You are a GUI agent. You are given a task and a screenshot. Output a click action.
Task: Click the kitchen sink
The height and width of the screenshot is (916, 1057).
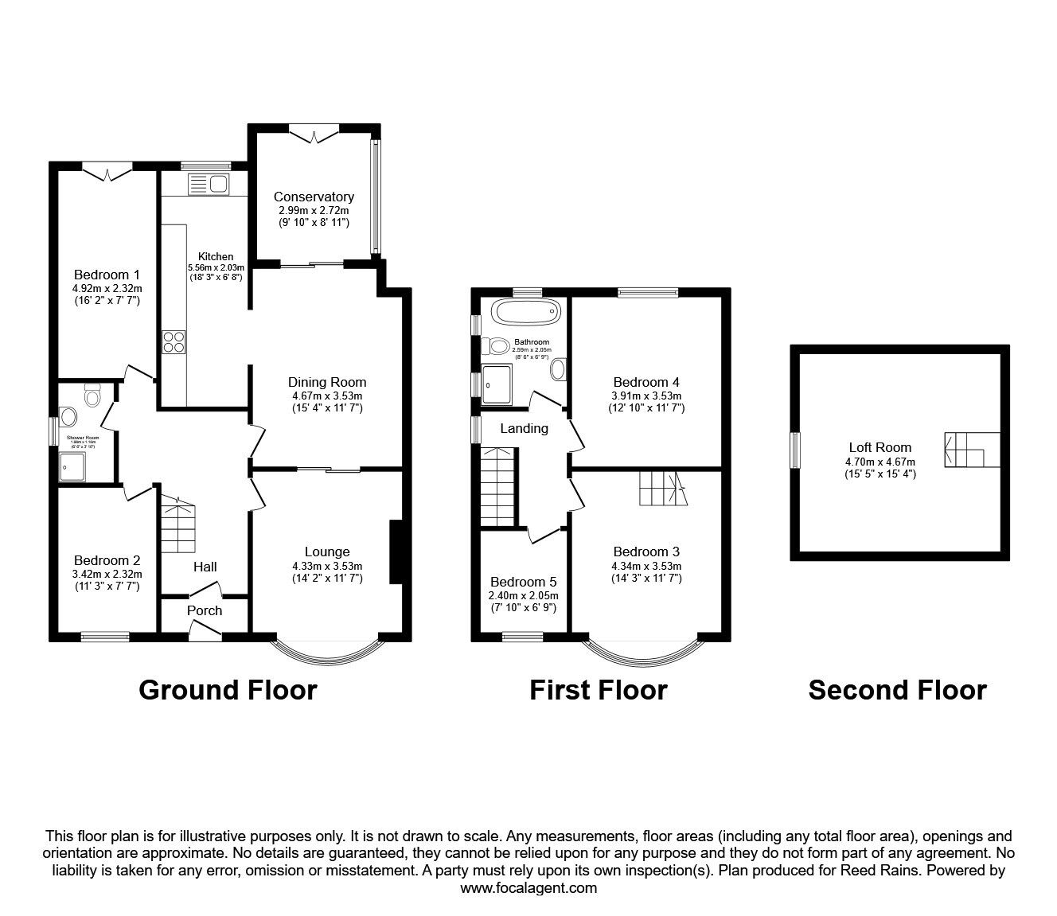(x=209, y=185)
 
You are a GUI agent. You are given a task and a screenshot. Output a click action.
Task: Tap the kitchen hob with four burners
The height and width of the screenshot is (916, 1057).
(x=174, y=341)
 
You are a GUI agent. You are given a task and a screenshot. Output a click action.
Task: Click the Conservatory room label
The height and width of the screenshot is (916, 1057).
(x=314, y=197)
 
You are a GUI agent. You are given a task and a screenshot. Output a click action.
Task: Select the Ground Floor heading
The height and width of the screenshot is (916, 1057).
(x=228, y=690)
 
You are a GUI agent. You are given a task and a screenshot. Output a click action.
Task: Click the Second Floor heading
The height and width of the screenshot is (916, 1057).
(x=897, y=690)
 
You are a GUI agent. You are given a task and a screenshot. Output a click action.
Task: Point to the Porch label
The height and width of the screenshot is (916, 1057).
(x=205, y=610)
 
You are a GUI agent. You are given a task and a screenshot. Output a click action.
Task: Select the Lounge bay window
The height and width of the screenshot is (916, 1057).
(x=328, y=650)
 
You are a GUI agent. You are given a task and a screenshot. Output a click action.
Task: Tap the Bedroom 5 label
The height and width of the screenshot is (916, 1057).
(x=523, y=582)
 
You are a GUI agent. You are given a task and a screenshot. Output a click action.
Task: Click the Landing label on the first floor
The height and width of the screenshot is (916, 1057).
(x=524, y=429)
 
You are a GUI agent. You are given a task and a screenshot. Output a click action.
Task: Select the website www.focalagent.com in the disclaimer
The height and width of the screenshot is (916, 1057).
(x=528, y=888)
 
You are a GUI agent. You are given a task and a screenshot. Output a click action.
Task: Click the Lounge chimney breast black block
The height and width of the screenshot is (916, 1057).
(x=394, y=552)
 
